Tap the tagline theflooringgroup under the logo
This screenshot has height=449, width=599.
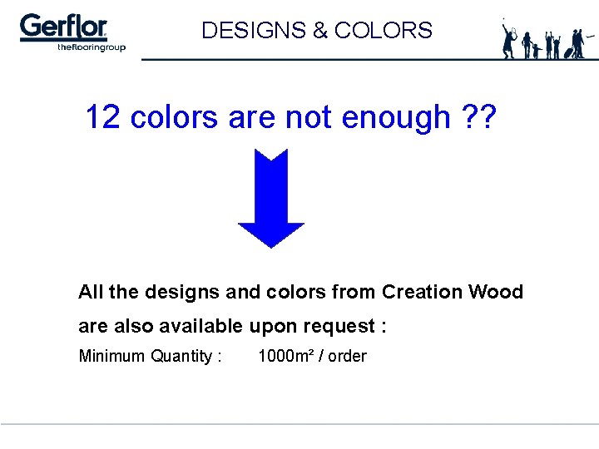(x=92, y=47)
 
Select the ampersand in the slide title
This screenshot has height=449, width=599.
(x=319, y=31)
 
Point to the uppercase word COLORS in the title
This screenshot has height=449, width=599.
(x=383, y=31)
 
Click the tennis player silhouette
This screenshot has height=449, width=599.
(x=509, y=39)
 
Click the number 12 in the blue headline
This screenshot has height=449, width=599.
(x=103, y=117)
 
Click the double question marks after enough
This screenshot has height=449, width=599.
(x=478, y=117)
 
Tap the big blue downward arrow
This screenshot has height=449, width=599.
(x=271, y=198)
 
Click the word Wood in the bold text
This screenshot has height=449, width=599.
(x=496, y=292)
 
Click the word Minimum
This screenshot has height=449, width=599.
(x=111, y=356)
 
